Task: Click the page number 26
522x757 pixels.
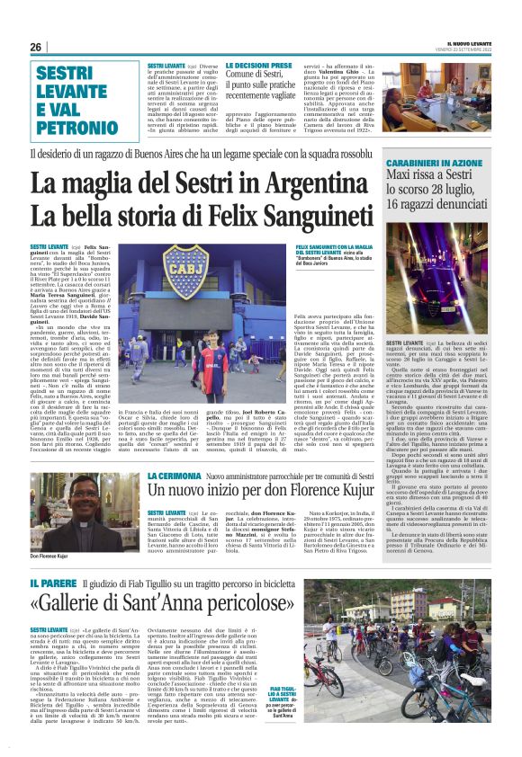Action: point(36,47)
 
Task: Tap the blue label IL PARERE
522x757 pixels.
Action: point(49,585)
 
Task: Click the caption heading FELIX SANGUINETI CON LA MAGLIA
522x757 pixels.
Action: point(335,245)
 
